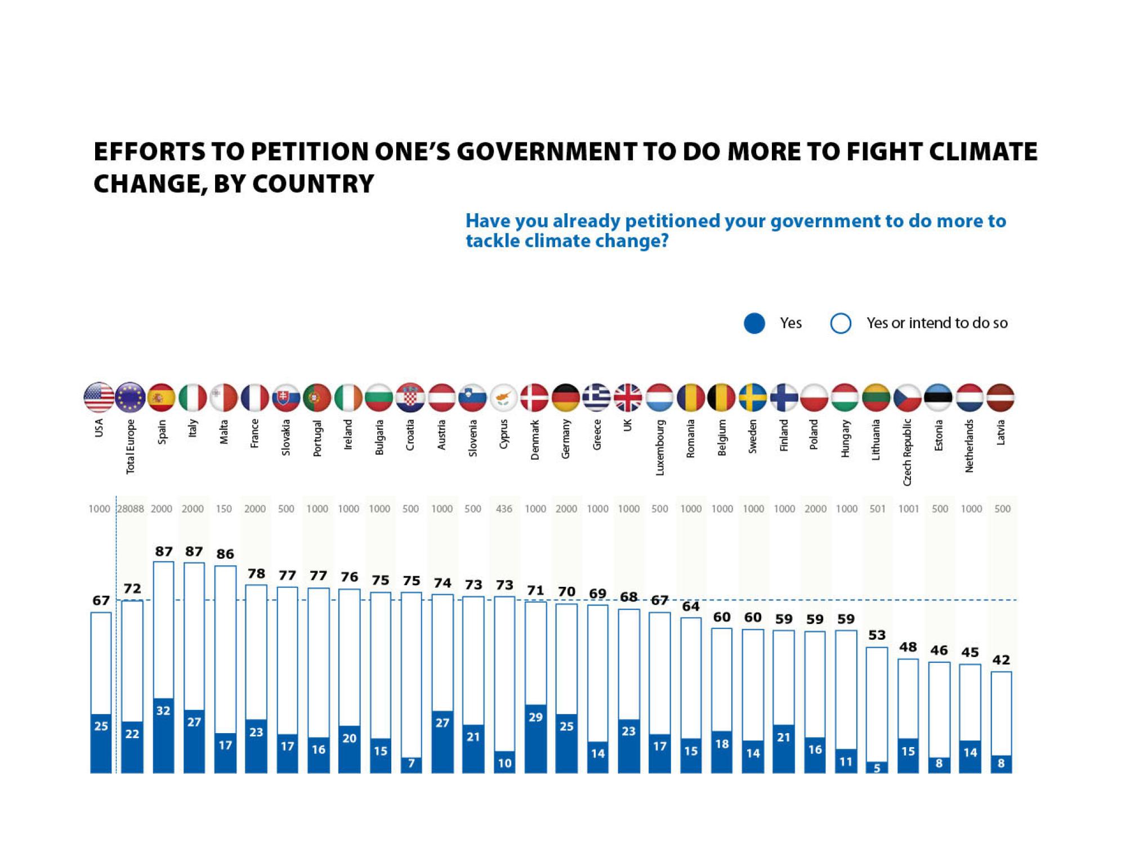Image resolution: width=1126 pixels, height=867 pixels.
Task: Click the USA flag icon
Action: coord(99,397)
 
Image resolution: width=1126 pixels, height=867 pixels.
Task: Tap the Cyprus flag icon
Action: coord(504,397)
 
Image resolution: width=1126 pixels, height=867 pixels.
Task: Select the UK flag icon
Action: coord(628,397)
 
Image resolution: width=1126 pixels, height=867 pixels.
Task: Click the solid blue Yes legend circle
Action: coord(754,324)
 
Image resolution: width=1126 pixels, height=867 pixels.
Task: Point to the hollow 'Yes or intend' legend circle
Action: coord(841,324)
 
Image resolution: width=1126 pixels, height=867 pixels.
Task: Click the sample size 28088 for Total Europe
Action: coord(131,509)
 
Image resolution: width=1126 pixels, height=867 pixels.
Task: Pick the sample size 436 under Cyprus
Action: coord(504,509)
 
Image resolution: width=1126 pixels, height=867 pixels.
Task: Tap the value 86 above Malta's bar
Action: coord(225,554)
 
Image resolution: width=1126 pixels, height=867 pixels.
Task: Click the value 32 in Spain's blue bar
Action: coord(163,711)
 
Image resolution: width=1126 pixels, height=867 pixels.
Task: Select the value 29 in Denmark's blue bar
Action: coord(535,717)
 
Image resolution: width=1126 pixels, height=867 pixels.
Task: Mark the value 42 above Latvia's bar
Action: coord(1001,659)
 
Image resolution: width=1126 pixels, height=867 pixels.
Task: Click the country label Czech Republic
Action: coord(907,452)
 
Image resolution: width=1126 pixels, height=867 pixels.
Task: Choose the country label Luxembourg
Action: coord(660,447)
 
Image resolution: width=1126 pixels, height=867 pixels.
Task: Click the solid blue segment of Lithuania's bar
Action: coord(877,767)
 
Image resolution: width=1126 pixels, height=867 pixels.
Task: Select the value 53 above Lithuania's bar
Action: coord(877,635)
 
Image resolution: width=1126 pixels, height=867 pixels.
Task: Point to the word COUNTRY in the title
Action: coord(313,183)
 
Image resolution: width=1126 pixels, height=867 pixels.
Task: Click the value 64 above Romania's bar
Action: coord(691,606)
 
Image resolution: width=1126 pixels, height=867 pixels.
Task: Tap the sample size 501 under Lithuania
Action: coord(877,509)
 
